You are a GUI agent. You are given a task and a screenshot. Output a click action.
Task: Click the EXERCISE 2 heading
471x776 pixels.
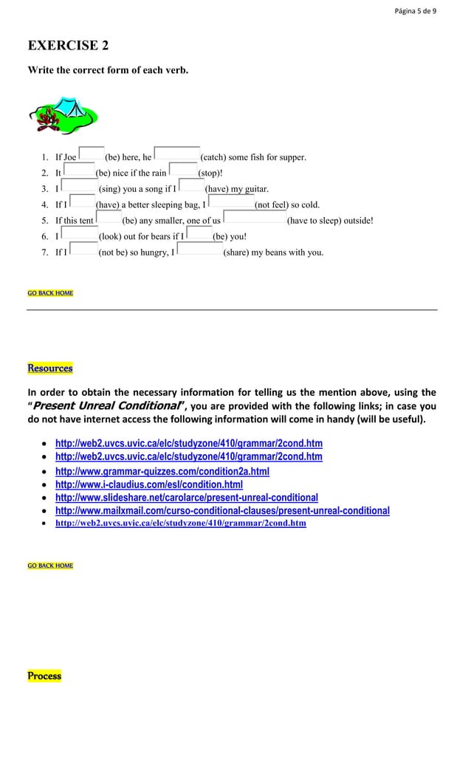(68, 46)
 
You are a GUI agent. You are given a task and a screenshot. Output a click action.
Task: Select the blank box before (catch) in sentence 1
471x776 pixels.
(176, 155)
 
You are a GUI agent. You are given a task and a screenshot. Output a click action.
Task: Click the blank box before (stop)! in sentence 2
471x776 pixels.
(182, 171)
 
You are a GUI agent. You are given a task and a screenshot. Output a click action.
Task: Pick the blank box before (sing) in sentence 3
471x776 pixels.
(79, 188)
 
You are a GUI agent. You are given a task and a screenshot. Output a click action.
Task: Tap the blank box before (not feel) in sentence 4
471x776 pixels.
(231, 204)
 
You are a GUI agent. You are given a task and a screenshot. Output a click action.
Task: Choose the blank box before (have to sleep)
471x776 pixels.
(254, 219)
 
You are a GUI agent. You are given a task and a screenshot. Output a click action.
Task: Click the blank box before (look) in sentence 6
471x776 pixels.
(79, 236)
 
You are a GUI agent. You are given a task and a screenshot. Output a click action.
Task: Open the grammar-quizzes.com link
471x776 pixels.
(162, 471)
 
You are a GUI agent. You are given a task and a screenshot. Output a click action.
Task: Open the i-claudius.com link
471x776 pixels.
(148, 484)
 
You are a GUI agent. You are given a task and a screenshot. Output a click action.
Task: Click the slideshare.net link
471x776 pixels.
(186, 498)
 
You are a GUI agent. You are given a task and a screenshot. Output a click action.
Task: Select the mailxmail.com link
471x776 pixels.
(222, 511)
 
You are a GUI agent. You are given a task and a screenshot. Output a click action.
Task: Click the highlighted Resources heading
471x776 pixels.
(50, 368)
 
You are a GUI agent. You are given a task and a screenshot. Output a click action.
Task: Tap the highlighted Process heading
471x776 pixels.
(44, 676)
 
